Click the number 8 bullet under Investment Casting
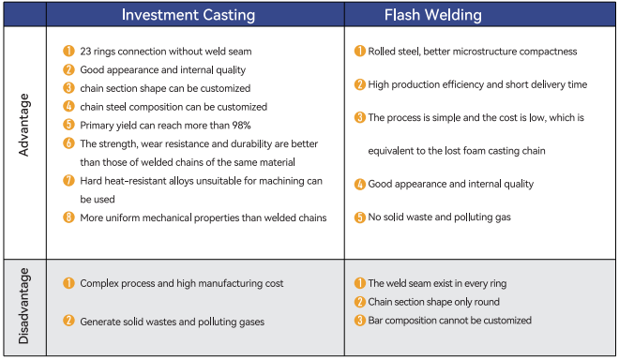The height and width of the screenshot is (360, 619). [x=68, y=217]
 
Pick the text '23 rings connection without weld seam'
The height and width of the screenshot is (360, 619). [x=166, y=51]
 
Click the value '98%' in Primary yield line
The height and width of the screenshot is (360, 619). [x=239, y=125]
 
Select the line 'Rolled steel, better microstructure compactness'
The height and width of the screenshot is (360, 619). [x=472, y=52]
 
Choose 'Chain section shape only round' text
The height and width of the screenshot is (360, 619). [x=432, y=301]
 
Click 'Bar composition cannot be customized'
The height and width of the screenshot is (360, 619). [x=449, y=320]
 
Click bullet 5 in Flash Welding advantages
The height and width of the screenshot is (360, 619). [x=359, y=217]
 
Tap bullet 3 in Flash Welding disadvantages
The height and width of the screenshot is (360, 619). [x=359, y=320]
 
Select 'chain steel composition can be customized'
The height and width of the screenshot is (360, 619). [x=174, y=107]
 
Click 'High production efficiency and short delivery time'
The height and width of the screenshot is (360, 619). [x=477, y=84]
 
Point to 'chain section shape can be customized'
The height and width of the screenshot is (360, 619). [x=165, y=88]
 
